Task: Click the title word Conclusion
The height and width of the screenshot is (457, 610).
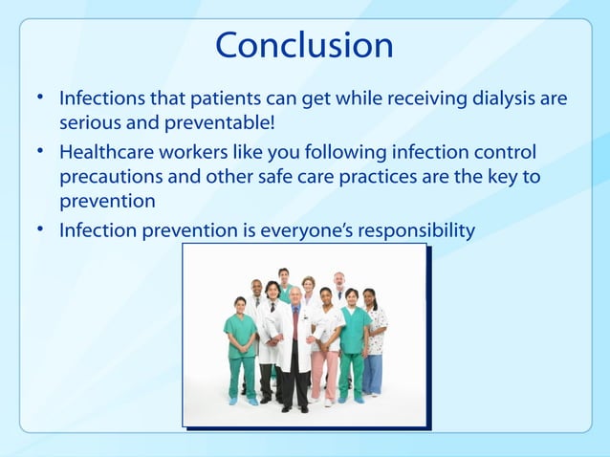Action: click(304, 45)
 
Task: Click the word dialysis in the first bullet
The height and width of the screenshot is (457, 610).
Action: click(505, 98)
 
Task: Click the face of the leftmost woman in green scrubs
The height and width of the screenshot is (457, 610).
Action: click(240, 304)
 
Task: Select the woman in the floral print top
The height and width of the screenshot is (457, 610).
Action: click(373, 335)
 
